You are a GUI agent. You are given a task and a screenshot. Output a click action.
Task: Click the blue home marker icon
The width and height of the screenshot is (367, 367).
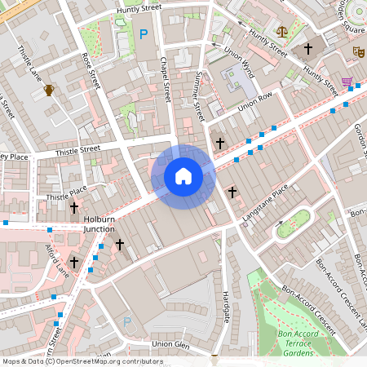(x=183, y=176)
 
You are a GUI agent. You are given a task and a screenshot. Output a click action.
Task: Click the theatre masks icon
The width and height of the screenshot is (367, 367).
(x=357, y=51)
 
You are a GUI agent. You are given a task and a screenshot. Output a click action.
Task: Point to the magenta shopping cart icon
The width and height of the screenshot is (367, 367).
(x=348, y=82)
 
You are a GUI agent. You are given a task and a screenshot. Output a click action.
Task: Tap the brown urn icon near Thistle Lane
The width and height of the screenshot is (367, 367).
(x=49, y=90)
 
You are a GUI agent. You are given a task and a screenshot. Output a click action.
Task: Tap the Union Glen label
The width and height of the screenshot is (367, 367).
(x=170, y=344)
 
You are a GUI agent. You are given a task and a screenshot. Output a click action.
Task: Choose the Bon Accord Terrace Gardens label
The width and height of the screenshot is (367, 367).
(x=307, y=340)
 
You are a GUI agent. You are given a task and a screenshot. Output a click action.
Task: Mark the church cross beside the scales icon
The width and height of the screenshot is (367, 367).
(x=308, y=49)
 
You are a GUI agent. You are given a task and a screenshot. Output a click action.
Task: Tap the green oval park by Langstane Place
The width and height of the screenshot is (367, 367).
(x=294, y=224)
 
